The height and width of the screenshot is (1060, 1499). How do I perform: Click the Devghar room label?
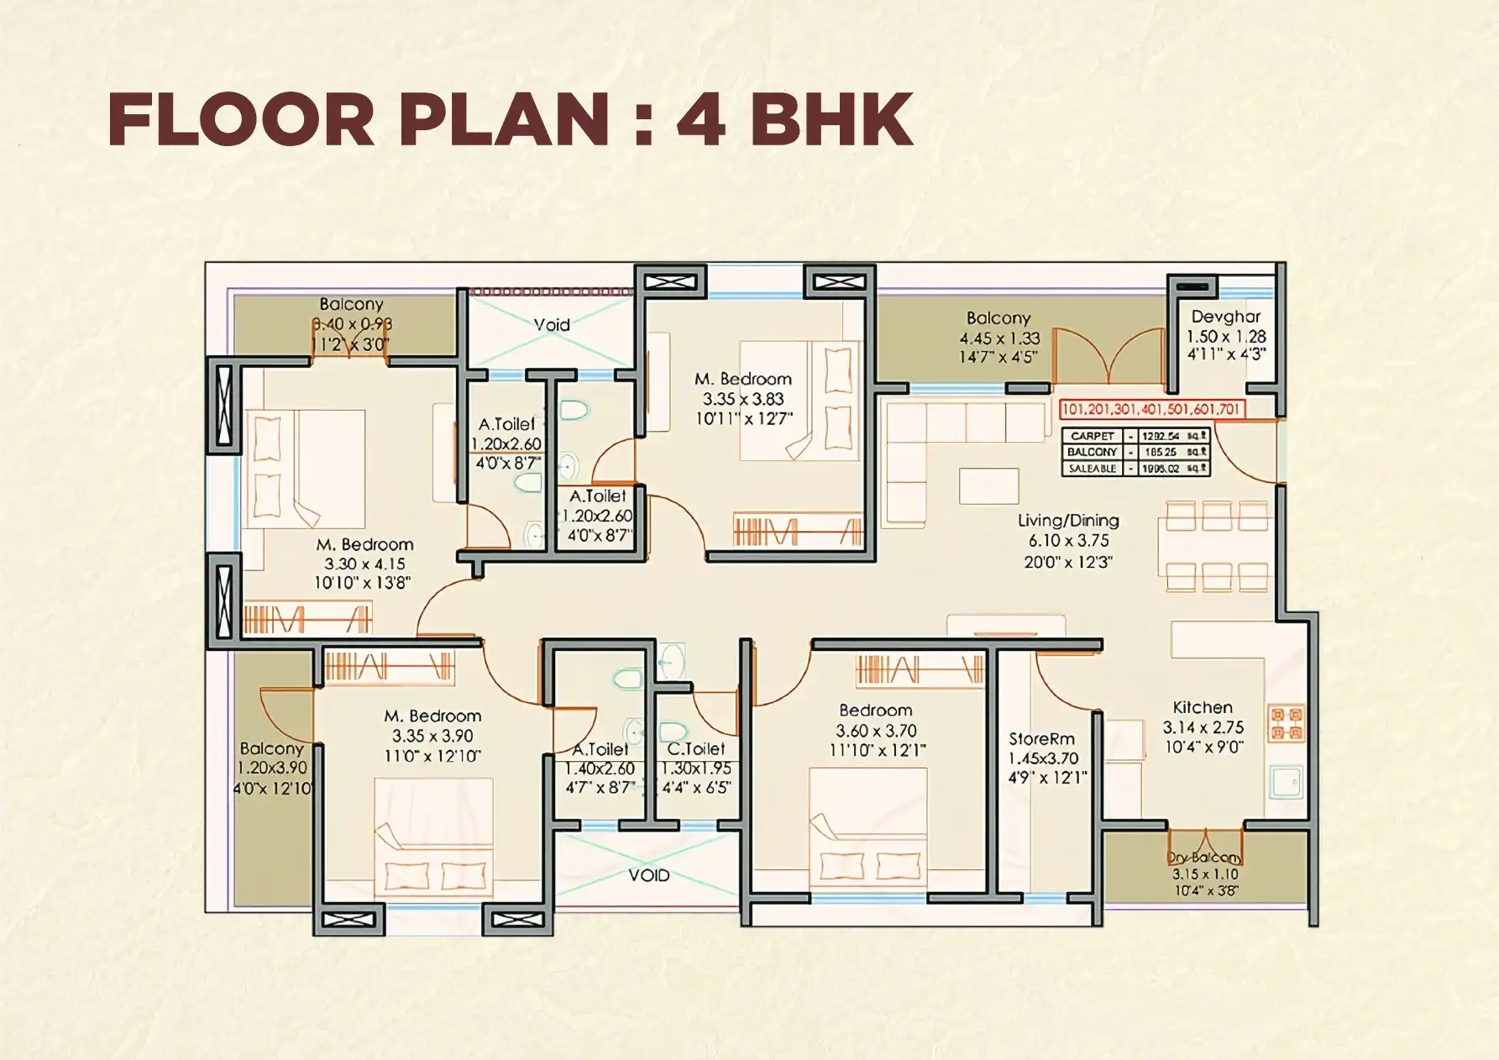[1225, 317]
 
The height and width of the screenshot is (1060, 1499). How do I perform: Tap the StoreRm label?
[1041, 739]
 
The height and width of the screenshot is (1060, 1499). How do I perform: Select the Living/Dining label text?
[1068, 521]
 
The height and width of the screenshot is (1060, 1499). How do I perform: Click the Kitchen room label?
[1203, 707]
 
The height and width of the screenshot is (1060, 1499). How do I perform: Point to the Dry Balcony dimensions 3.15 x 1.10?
[1205, 874]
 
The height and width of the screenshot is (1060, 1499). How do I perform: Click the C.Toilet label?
[696, 748]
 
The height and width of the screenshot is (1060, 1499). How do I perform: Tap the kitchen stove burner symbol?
[1286, 723]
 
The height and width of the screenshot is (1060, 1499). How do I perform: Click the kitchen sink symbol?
[1285, 782]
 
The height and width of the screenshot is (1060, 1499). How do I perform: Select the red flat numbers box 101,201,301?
[1150, 409]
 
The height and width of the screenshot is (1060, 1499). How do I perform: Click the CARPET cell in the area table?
[1092, 436]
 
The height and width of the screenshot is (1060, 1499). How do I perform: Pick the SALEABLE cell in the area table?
[1092, 469]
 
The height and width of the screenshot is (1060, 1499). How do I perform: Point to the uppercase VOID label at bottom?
[648, 875]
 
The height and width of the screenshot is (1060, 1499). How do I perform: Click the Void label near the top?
[552, 324]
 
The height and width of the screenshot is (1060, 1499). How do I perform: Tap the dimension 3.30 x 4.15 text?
[364, 564]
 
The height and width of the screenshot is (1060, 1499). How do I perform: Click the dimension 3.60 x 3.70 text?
[876, 731]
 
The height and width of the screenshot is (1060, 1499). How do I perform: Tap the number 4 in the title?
[701, 119]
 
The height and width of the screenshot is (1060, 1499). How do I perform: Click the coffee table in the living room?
[988, 486]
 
